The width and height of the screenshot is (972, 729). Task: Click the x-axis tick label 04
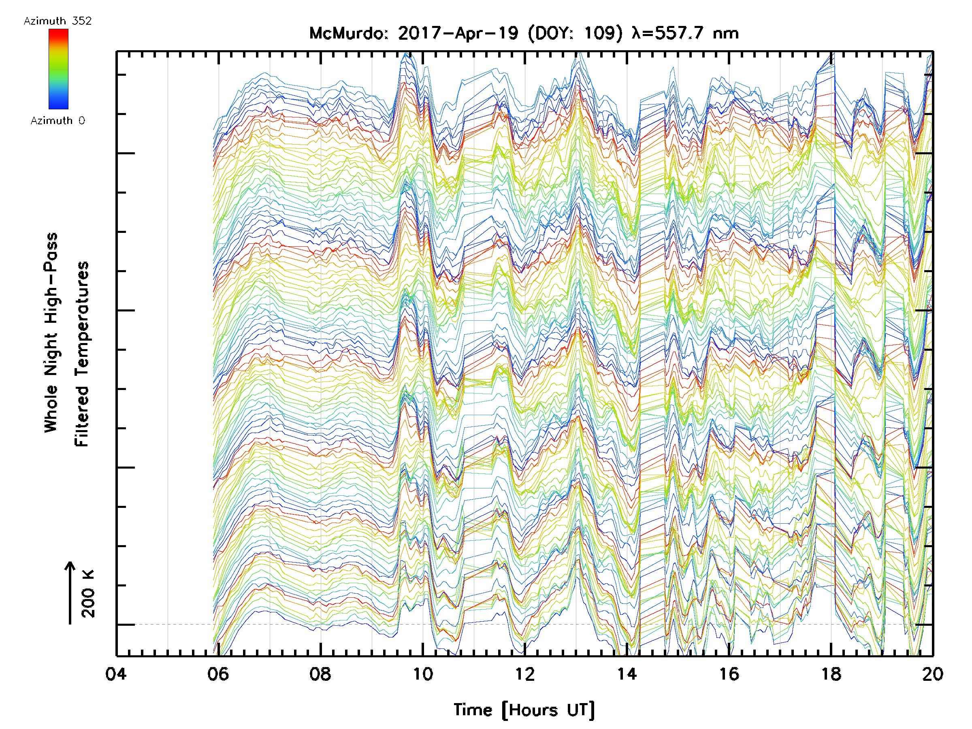click(x=115, y=674)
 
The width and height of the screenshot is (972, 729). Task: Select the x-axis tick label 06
click(x=218, y=674)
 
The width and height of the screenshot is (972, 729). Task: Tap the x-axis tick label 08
click(x=320, y=674)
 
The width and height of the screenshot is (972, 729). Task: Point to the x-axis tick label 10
click(x=422, y=674)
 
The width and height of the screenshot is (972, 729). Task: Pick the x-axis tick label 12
click(x=524, y=674)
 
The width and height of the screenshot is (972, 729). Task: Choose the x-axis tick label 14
click(x=627, y=674)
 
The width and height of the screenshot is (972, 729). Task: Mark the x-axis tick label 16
click(x=729, y=674)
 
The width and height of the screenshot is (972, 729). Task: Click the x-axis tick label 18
click(x=831, y=674)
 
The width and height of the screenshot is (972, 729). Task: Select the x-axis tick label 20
click(x=932, y=674)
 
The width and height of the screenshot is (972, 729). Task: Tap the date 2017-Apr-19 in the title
click(x=458, y=33)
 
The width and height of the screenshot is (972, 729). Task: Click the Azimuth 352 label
click(x=58, y=21)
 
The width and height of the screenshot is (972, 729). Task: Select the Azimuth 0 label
click(x=58, y=120)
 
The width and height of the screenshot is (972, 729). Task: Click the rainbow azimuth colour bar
click(x=58, y=69)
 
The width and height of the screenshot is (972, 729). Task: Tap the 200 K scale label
click(x=88, y=594)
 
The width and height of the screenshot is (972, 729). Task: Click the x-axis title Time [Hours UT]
click(x=524, y=710)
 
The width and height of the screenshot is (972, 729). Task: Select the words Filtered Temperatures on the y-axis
click(x=82, y=354)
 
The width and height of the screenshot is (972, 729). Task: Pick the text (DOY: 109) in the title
click(x=575, y=33)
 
